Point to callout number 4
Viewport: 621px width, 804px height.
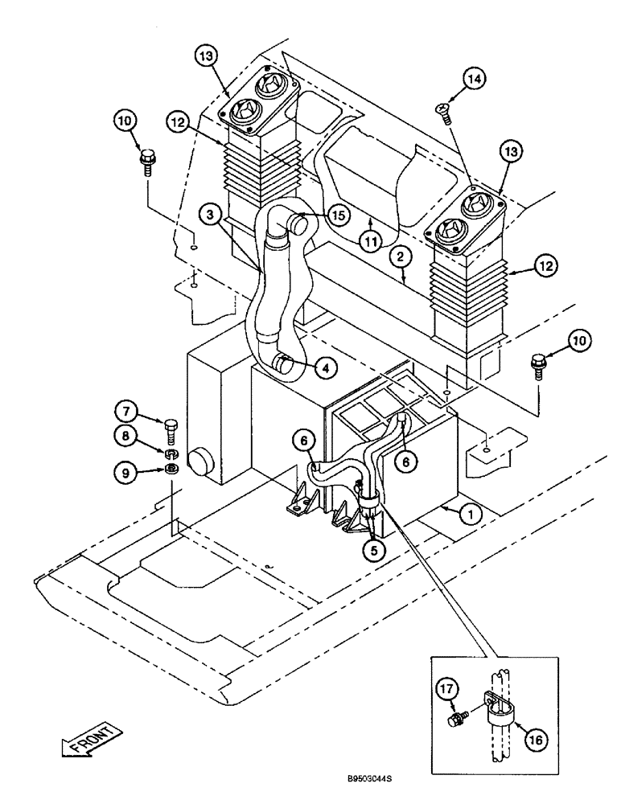325,368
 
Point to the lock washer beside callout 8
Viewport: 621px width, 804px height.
171,451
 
